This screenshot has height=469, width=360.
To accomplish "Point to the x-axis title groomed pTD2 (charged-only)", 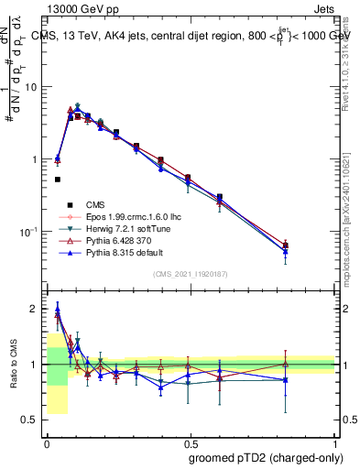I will pyautogui.click(x=259, y=457).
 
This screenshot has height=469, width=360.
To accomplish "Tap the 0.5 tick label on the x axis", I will pyautogui.click(x=191, y=442).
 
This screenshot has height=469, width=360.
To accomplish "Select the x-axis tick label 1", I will pyautogui.click(x=335, y=442).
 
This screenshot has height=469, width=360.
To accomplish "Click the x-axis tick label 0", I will pyautogui.click(x=47, y=442).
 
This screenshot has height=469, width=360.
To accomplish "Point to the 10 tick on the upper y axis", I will pyautogui.click(x=30, y=87).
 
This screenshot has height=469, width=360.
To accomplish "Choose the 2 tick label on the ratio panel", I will pyautogui.click(x=35, y=309).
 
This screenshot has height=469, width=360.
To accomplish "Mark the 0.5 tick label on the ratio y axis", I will pyautogui.click(x=30, y=420).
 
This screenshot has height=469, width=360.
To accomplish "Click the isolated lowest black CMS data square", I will pyautogui.click(x=57, y=180).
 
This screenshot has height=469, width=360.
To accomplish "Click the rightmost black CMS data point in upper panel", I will pyautogui.click(x=286, y=245).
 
